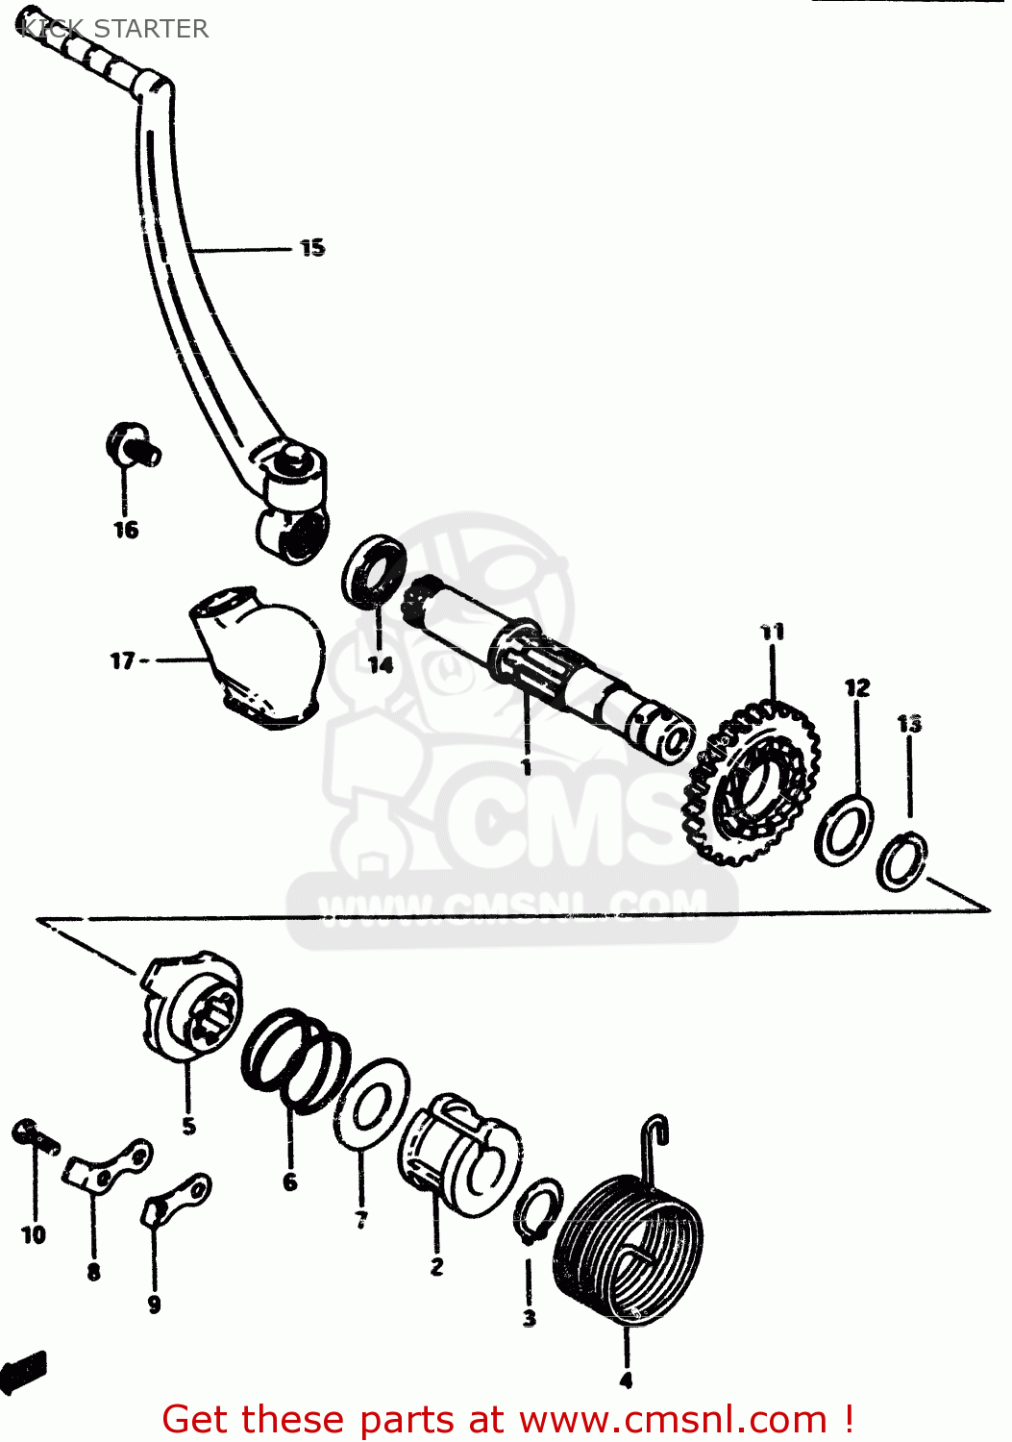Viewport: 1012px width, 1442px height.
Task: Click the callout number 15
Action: click(x=312, y=248)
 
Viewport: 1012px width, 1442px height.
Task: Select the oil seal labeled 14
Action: click(x=373, y=572)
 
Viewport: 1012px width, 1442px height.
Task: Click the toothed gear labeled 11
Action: click(x=751, y=783)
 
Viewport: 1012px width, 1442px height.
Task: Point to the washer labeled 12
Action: click(x=844, y=830)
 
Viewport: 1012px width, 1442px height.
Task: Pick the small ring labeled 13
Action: click(x=902, y=861)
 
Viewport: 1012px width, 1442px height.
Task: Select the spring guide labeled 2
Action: click(x=460, y=1155)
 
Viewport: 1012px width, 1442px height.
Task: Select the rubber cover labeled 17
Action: click(x=259, y=664)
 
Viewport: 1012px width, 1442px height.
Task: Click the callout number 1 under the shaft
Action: click(x=526, y=766)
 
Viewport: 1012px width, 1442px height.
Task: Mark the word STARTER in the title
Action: click(x=151, y=29)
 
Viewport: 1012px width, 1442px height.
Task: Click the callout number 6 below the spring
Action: click(x=290, y=1181)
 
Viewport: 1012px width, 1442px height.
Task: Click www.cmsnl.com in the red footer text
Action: click(x=673, y=1419)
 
